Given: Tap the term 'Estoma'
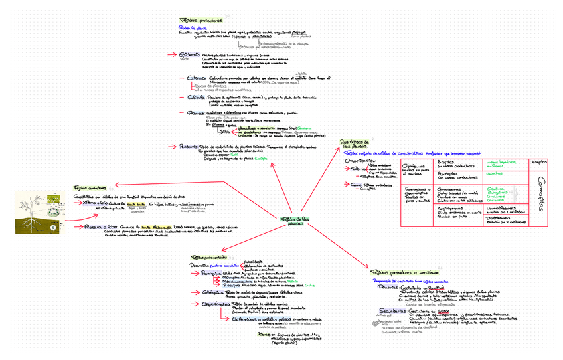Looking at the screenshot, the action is pyautogui.click(x=197, y=78).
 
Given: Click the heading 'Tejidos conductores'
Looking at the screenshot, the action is pyautogui.click(x=90, y=187).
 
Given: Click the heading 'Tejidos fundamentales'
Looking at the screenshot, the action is pyautogui.click(x=209, y=256).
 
